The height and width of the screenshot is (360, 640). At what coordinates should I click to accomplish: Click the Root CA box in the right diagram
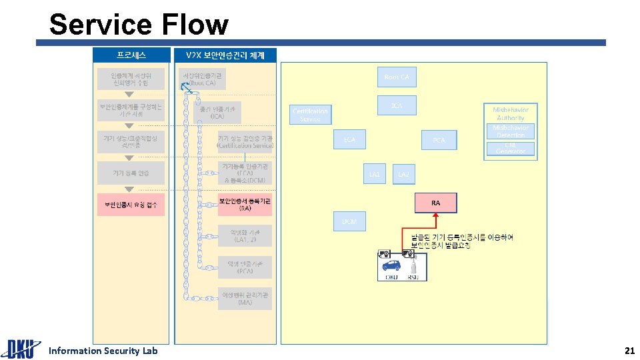(x=397, y=77)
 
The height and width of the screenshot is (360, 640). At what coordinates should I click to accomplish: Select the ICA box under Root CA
(x=397, y=106)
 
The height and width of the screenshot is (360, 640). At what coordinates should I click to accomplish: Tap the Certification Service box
(x=310, y=115)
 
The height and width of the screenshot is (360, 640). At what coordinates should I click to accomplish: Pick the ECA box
(x=349, y=140)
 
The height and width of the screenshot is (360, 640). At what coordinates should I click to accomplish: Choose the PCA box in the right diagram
(x=439, y=140)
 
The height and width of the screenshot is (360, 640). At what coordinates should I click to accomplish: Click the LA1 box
(x=375, y=174)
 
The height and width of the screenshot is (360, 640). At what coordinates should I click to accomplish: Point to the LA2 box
(x=403, y=175)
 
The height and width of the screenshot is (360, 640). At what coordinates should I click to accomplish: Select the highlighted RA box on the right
(x=435, y=203)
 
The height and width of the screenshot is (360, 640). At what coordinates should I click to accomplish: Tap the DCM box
(x=349, y=221)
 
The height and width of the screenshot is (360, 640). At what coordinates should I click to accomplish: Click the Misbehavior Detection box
(x=511, y=131)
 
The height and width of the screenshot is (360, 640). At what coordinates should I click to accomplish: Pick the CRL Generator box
(x=511, y=148)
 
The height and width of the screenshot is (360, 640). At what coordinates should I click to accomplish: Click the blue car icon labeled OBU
(x=391, y=265)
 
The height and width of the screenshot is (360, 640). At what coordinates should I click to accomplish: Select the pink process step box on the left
(x=131, y=204)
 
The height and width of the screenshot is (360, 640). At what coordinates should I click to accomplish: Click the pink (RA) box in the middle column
(x=245, y=204)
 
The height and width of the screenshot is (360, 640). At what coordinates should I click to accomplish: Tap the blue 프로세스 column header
(x=131, y=55)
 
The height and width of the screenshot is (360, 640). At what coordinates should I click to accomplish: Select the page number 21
(x=629, y=351)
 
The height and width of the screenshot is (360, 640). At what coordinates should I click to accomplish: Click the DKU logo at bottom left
(x=20, y=349)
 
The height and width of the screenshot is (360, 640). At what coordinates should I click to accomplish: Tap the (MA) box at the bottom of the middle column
(x=245, y=298)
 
